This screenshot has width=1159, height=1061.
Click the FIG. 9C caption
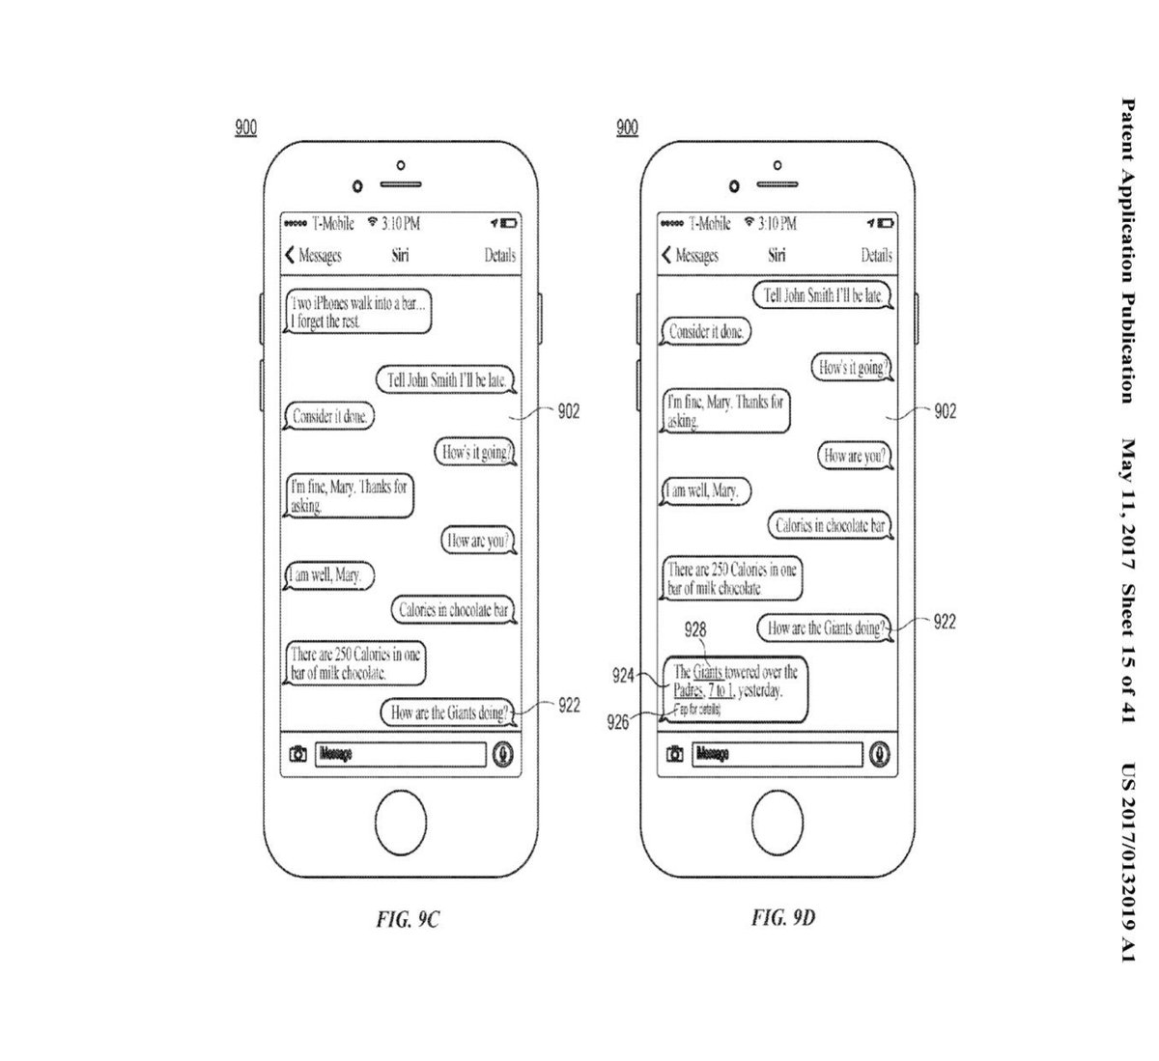[x=408, y=920]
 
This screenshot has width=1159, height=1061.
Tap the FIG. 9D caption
[x=783, y=917]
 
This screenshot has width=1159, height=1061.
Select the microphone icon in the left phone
[x=502, y=754]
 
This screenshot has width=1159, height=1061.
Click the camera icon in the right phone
[x=675, y=754]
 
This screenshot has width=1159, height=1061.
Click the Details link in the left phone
[x=499, y=256]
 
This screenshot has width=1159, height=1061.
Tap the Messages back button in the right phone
[x=691, y=256]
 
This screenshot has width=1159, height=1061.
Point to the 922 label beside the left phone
[x=569, y=706]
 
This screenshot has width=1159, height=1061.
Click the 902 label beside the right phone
[x=945, y=412]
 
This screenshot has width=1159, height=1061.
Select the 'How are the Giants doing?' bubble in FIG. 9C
[x=448, y=713]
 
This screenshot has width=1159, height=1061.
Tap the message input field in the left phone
[x=400, y=754]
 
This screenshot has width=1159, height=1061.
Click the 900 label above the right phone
[x=627, y=127]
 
